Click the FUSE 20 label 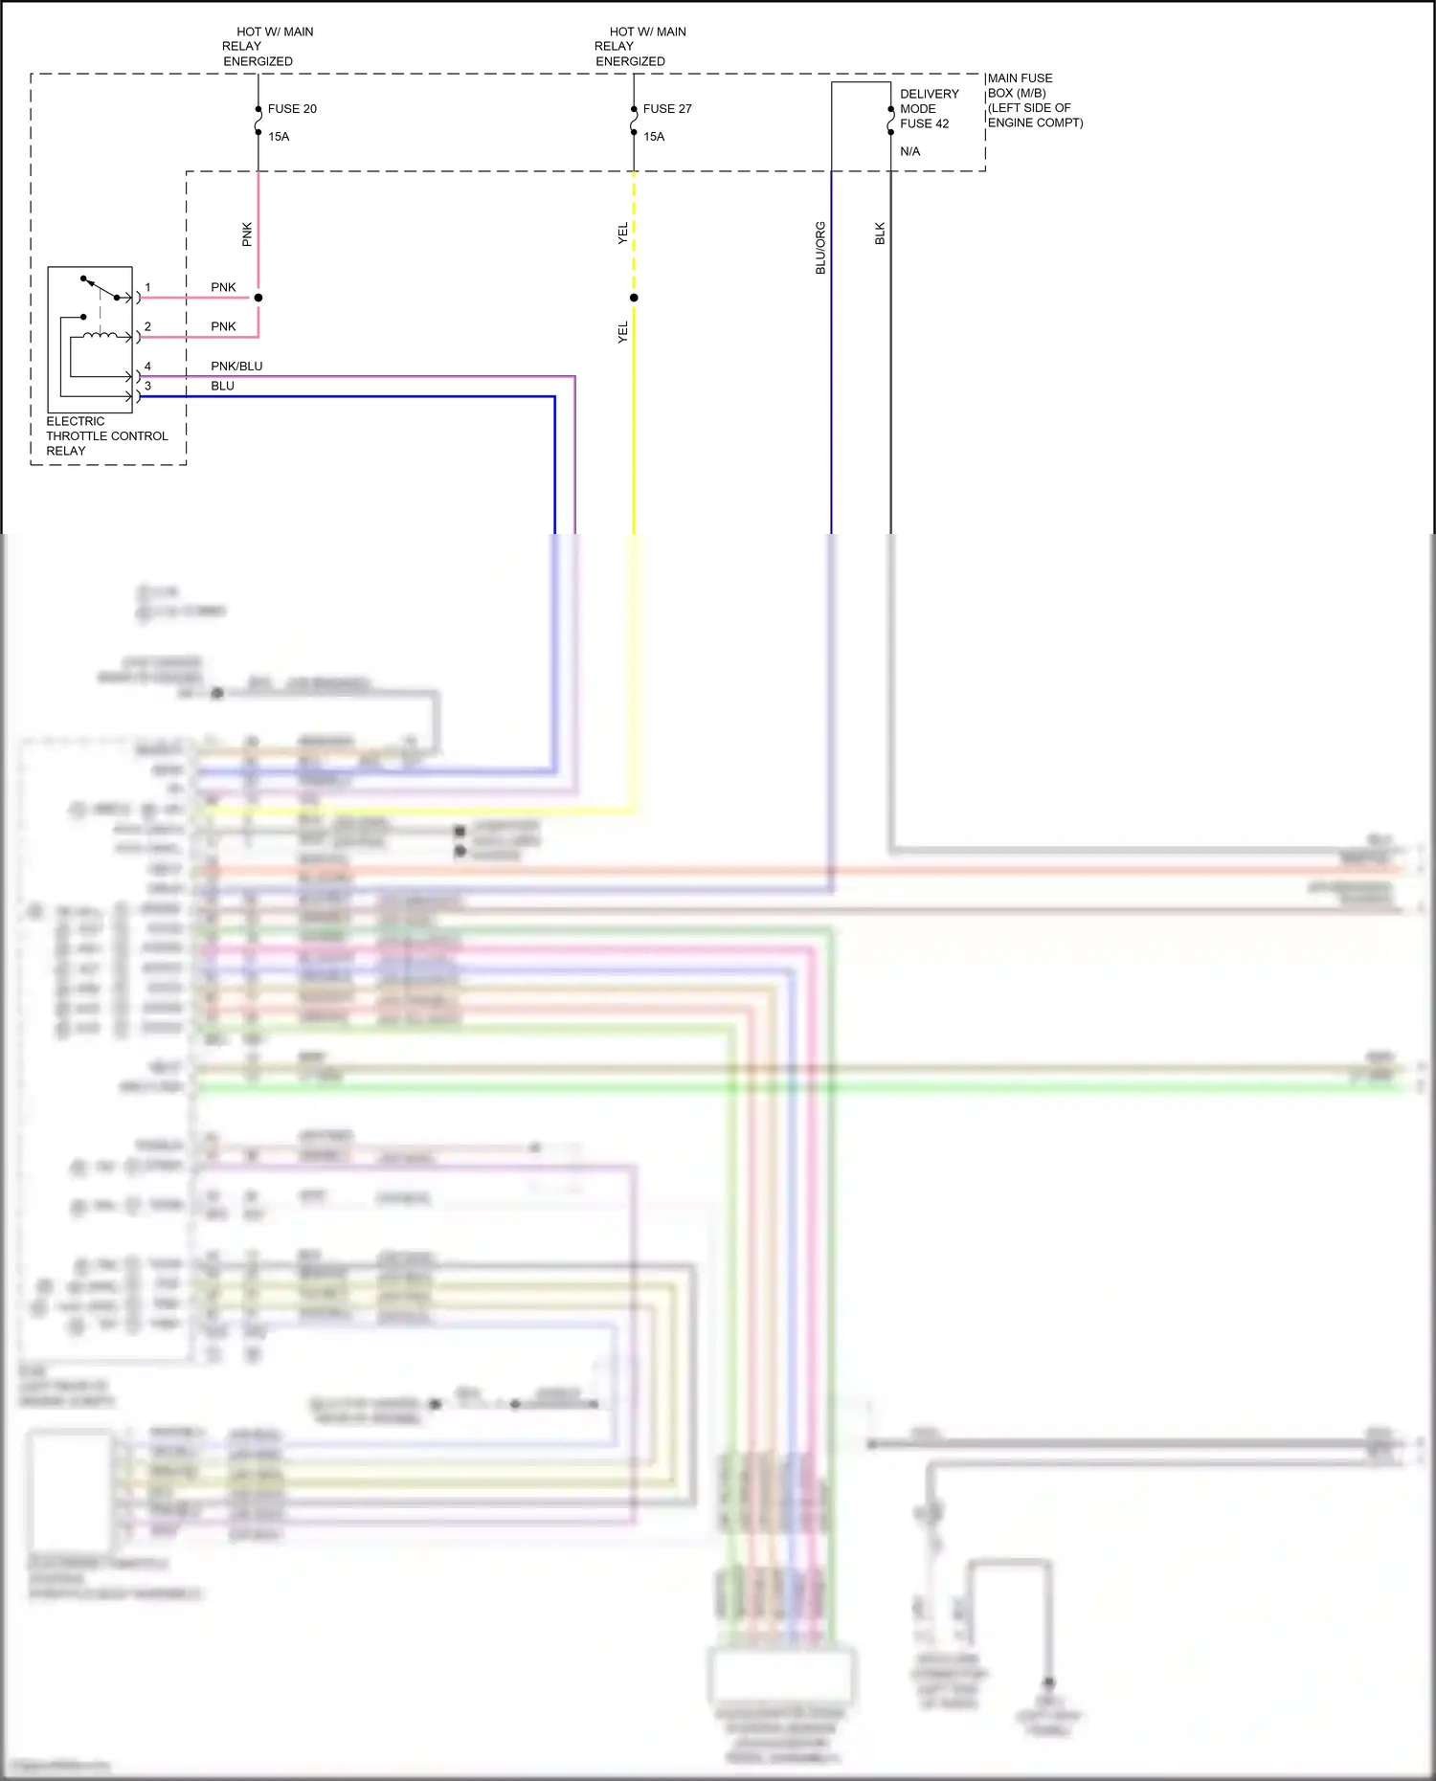point(292,109)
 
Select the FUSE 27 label point(667,109)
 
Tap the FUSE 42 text point(924,123)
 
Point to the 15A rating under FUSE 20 point(279,137)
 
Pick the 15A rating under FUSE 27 point(654,137)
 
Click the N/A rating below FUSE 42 point(909,151)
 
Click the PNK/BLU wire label point(236,367)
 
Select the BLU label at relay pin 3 point(222,386)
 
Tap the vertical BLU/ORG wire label point(820,249)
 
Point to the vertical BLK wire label point(880,234)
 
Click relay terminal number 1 point(147,287)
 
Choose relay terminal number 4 point(147,367)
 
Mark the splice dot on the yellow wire point(634,298)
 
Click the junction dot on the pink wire point(258,298)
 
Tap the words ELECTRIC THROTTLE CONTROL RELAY point(106,435)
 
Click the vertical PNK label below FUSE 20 point(247,234)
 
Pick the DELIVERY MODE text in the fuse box point(929,101)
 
